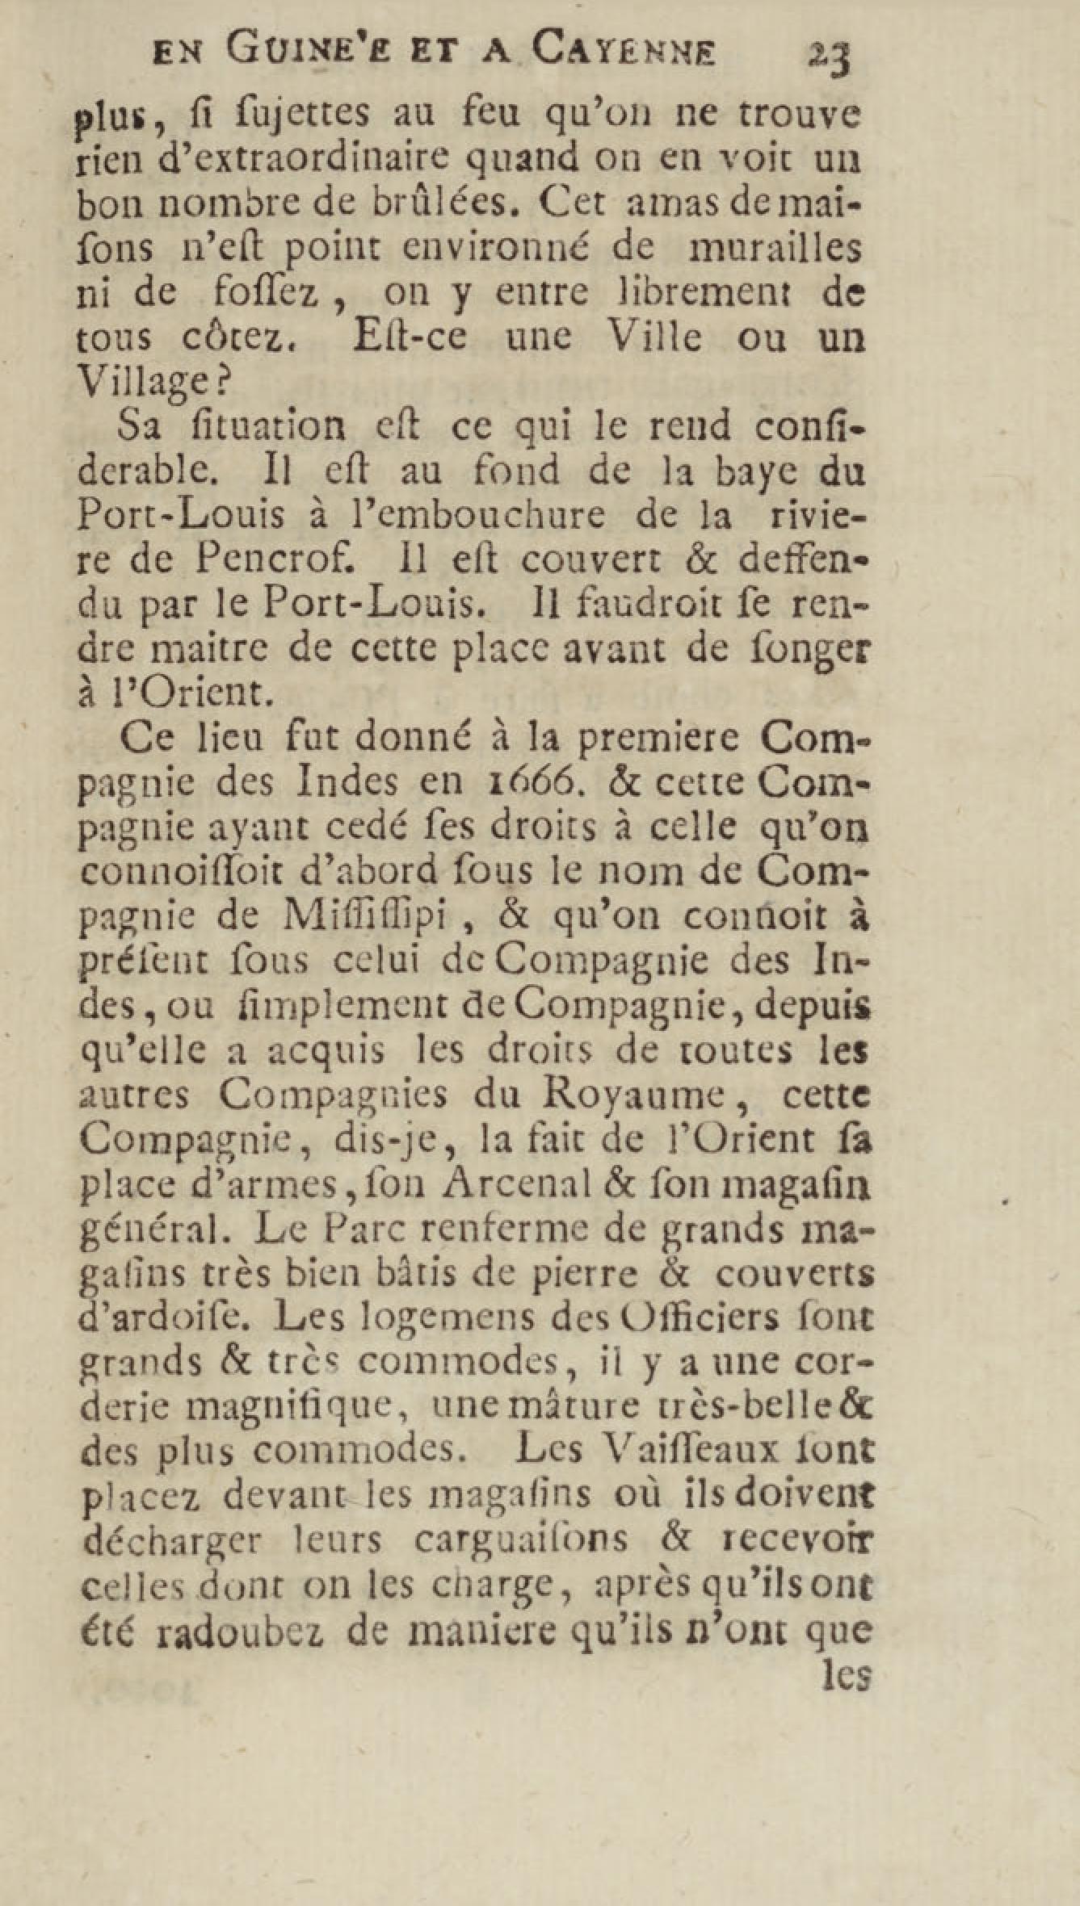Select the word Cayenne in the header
624,53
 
